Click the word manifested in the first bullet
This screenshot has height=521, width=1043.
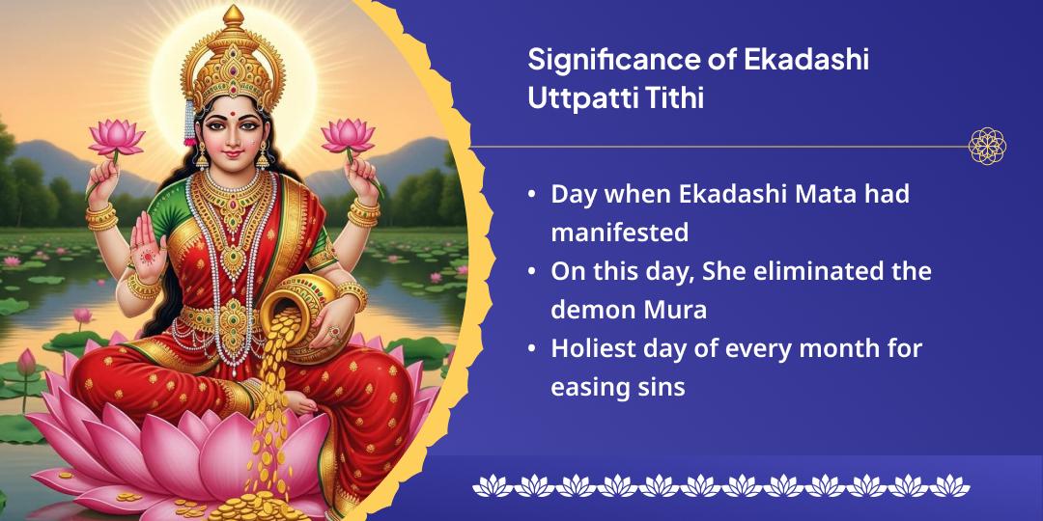tap(619, 233)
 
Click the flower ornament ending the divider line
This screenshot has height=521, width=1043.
tap(987, 147)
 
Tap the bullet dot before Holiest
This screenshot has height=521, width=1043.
tap(532, 349)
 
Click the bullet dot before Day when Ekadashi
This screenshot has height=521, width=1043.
tap(532, 194)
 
